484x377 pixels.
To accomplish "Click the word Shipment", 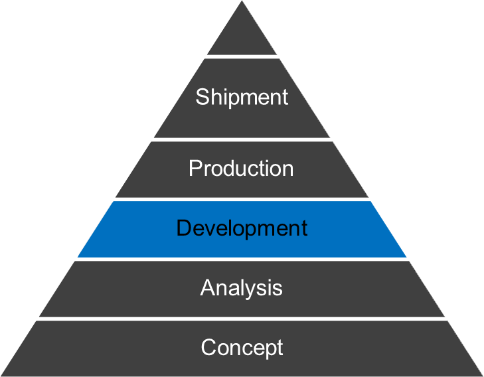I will [242, 97].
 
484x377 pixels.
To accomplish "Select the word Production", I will [241, 168].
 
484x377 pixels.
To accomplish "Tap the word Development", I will [242, 228].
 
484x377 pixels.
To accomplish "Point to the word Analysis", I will [242, 287].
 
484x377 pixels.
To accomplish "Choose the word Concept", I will [242, 347].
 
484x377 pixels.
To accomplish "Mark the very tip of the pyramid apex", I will [242, 2].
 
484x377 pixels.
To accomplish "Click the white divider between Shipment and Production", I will [242, 139].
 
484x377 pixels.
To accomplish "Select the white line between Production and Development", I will [242, 199].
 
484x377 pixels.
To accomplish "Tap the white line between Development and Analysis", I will [242, 259].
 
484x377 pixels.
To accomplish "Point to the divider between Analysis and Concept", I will [242, 319].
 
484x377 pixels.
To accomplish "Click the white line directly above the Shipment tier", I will [242, 56].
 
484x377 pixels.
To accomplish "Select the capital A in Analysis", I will [207, 287].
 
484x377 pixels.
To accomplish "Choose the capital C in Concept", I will [208, 347].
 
